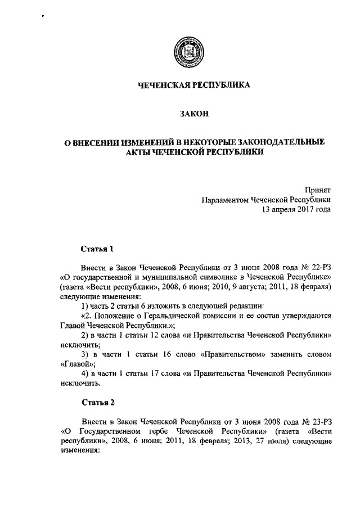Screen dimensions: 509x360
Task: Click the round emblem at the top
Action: point(186,48)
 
